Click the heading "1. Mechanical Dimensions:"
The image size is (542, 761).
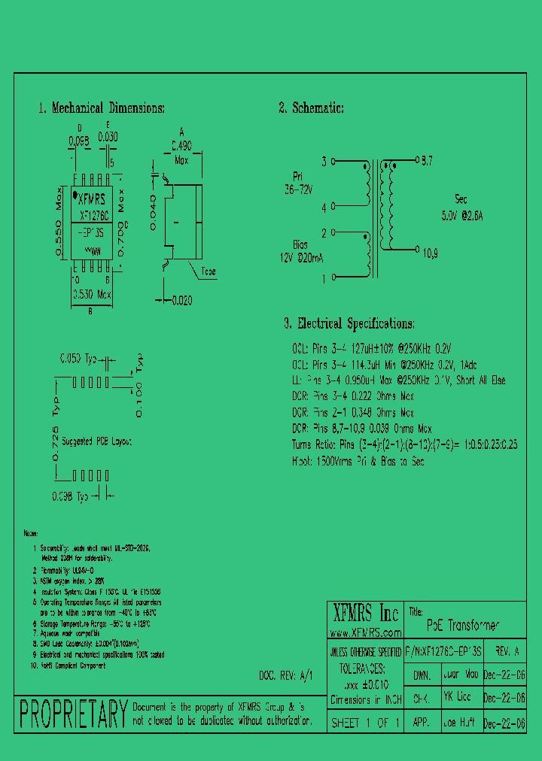click(x=102, y=108)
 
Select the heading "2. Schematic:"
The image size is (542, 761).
click(x=312, y=108)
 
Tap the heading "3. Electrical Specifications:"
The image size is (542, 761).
click(x=349, y=324)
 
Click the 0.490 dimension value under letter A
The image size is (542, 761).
click(x=181, y=147)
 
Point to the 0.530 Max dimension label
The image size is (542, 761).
click(x=91, y=295)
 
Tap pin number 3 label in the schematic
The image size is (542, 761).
click(x=324, y=162)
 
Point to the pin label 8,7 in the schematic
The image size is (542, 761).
click(x=427, y=161)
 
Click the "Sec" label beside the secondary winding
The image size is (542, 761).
click(x=461, y=199)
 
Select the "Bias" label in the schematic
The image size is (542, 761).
click(x=301, y=244)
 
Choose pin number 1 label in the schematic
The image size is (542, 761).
click(x=324, y=278)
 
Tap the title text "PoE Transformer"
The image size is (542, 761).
click(x=462, y=625)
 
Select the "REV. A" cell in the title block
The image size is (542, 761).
click(x=503, y=651)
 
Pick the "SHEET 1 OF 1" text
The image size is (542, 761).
click(x=366, y=723)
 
